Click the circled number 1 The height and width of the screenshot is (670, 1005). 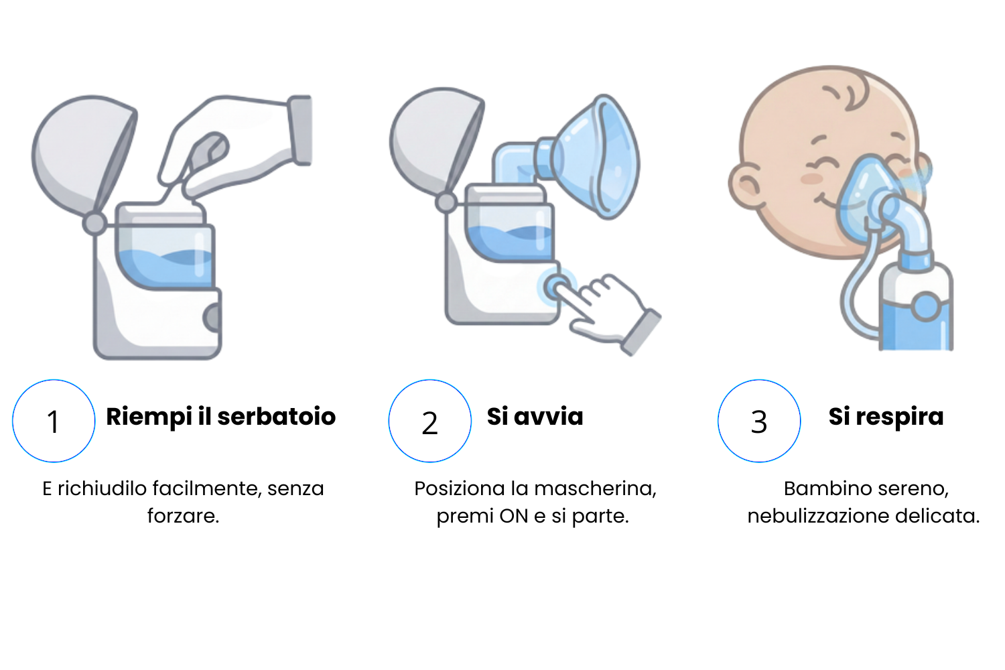pos(54,421)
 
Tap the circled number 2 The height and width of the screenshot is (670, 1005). pos(430,421)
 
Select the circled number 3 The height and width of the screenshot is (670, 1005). pos(759,421)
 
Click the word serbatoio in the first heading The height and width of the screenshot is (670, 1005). pos(276,417)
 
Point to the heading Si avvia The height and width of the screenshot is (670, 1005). pos(535,417)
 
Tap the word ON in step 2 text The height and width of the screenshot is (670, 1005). pos(514,516)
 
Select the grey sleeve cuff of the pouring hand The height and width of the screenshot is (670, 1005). pos(300,130)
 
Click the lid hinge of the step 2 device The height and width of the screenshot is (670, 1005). pos(446,202)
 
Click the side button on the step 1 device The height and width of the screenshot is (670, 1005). pos(212,318)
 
